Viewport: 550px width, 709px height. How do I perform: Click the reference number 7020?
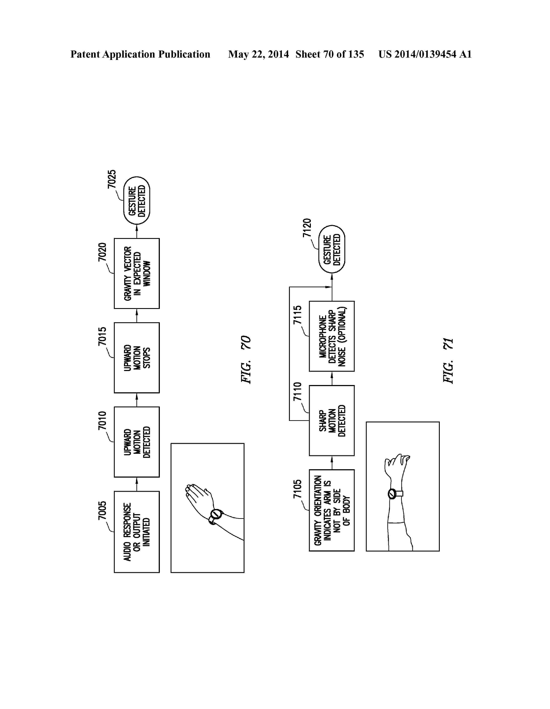(102, 252)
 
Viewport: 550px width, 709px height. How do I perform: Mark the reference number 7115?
(297, 315)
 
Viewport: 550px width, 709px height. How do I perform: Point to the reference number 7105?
(297, 489)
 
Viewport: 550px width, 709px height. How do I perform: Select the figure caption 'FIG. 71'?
(448, 361)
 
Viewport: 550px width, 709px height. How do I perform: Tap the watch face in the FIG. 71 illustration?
(392, 494)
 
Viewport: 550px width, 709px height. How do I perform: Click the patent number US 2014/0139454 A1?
(425, 54)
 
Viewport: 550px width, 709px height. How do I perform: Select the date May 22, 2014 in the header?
(258, 54)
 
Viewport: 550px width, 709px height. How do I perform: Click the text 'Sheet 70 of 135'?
(330, 54)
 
